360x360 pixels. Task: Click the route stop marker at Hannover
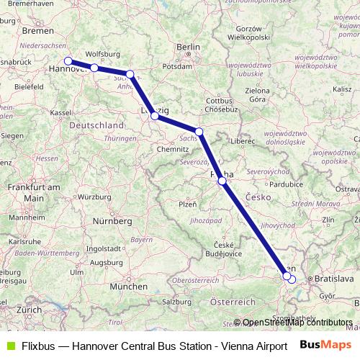coord(68,61)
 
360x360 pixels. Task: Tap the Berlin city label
coord(188,48)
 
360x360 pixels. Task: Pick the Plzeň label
coord(186,204)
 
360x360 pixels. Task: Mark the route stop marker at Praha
coord(222,181)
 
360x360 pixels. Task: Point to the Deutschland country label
coord(96,125)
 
